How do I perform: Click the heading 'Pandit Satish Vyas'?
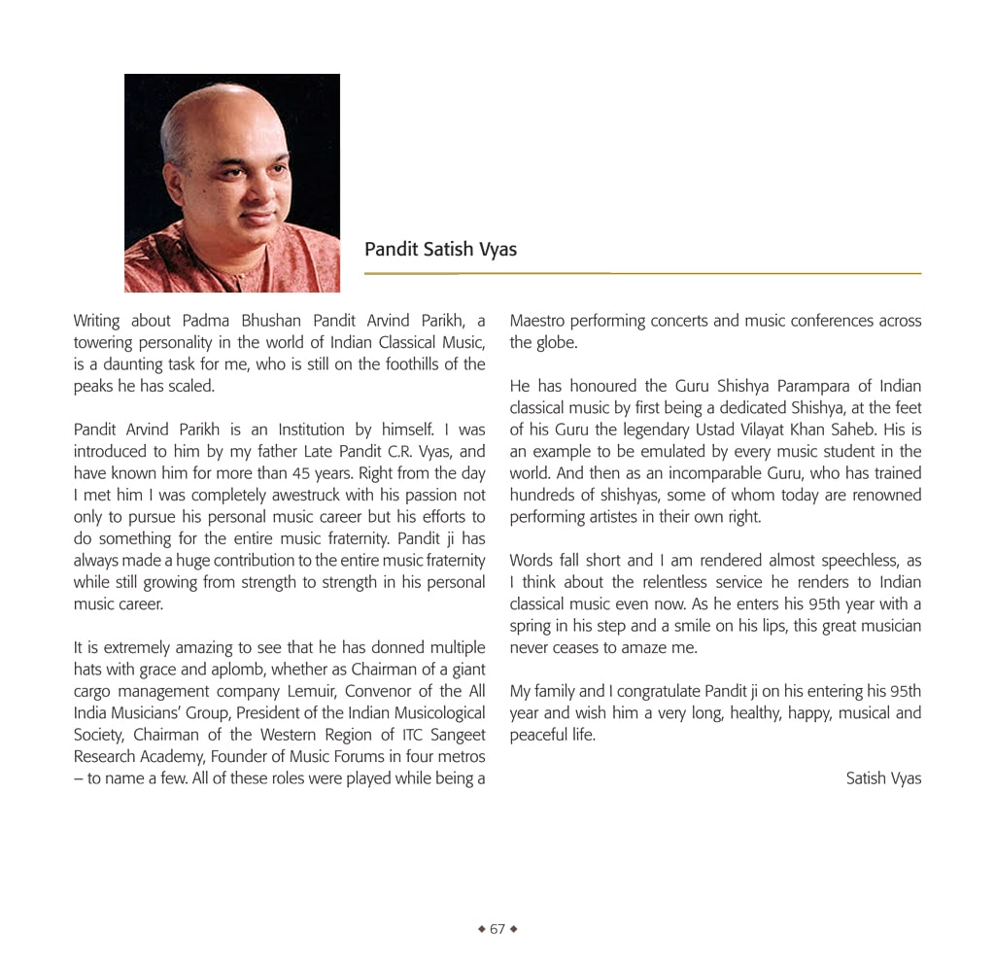(x=440, y=250)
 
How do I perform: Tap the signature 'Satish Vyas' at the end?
(x=883, y=778)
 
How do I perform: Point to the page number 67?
(x=497, y=929)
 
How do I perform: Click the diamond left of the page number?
(x=481, y=929)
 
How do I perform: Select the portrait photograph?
(x=232, y=183)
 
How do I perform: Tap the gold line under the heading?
(x=642, y=274)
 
